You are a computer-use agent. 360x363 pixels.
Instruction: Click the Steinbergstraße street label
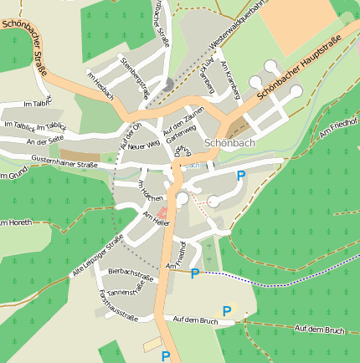pyautogui.click(x=135, y=78)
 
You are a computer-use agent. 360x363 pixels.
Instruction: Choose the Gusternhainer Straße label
pyautogui.click(x=64, y=165)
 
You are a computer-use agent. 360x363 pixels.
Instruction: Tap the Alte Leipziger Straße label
pyautogui.click(x=98, y=255)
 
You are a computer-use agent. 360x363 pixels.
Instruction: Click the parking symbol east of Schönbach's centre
pyautogui.click(x=241, y=176)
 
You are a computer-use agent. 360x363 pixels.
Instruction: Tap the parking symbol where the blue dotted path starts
pyautogui.click(x=195, y=274)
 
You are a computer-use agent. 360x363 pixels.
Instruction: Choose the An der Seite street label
pyautogui.click(x=45, y=141)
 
